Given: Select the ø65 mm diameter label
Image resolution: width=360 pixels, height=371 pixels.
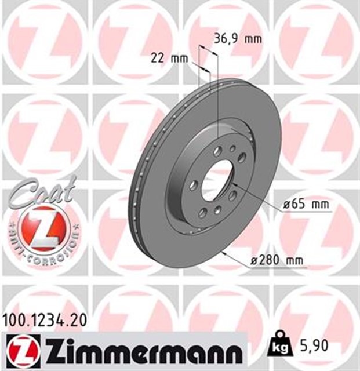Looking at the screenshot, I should [x=306, y=205].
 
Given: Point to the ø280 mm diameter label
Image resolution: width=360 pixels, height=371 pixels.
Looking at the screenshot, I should [x=277, y=261].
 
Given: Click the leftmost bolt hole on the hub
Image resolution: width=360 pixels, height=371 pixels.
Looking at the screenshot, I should [x=194, y=185].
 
